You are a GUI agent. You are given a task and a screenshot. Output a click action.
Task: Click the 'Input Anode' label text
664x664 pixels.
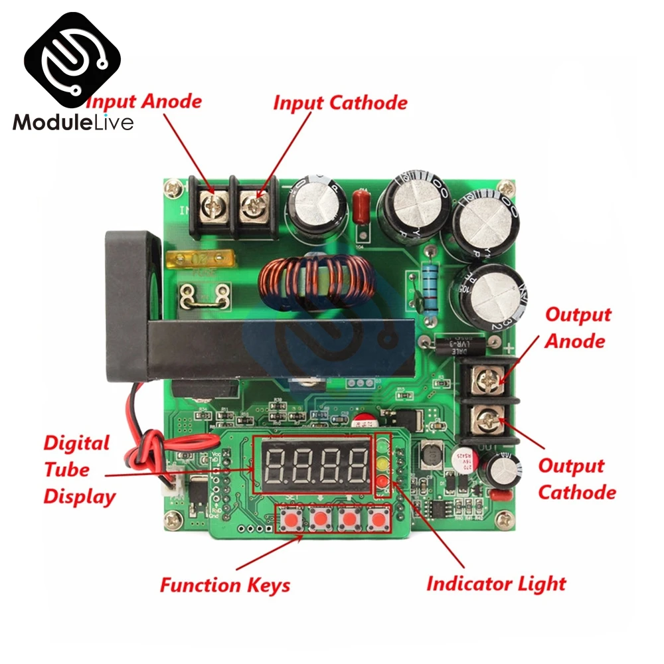tap(144, 102)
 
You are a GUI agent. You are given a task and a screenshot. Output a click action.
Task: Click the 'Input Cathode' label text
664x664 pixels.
tap(340, 103)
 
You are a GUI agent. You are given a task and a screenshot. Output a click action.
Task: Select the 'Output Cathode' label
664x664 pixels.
tap(576, 479)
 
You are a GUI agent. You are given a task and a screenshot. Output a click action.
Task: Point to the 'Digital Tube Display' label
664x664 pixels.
tap(79, 469)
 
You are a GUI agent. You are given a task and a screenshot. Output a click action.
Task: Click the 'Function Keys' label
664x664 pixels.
tap(225, 585)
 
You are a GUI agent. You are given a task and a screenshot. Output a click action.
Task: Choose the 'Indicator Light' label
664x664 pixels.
tap(495, 584)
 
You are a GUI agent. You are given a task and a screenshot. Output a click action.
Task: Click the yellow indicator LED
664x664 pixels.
tap(382, 463)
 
